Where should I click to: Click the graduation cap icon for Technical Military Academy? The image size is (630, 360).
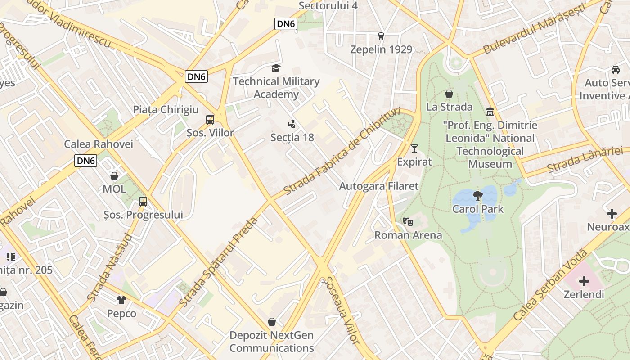click(276, 68)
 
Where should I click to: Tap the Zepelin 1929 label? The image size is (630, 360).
click(381, 49)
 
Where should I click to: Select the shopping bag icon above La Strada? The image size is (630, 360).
click(449, 94)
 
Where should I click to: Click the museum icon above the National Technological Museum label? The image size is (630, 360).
click(490, 111)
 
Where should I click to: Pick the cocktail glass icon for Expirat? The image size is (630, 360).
click(414, 148)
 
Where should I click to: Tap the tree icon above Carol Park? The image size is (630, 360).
click(477, 195)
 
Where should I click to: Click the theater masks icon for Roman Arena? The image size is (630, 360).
click(408, 221)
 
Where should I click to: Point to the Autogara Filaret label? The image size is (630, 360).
click(378, 186)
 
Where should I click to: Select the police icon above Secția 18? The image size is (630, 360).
click(292, 124)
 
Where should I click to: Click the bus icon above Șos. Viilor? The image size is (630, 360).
click(210, 119)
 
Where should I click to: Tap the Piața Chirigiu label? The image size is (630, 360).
click(166, 109)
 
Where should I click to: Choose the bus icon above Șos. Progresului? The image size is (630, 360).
click(143, 201)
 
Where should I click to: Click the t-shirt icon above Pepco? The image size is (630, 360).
click(121, 300)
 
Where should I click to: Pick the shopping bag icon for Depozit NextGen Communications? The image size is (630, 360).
click(272, 322)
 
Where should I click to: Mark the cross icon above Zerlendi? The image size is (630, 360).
click(584, 281)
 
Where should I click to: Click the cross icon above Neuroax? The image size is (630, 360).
click(612, 213)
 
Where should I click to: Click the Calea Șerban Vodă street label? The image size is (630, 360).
click(550, 285)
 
